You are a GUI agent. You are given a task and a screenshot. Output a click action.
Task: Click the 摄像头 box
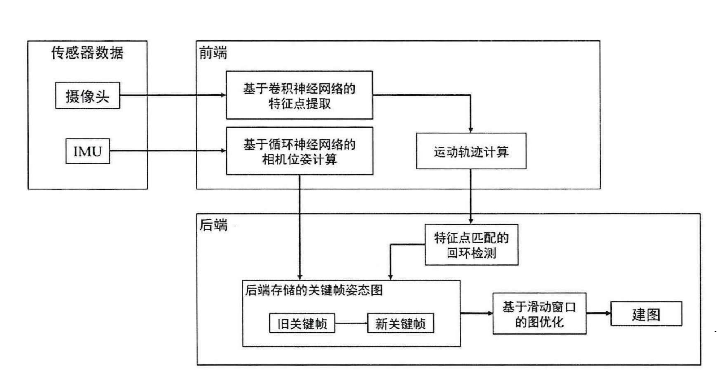tap(87, 96)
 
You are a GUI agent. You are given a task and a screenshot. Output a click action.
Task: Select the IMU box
tap(88, 151)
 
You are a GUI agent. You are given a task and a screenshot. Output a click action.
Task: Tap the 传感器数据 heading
tap(87, 53)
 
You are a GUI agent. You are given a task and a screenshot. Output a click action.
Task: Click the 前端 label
tap(213, 53)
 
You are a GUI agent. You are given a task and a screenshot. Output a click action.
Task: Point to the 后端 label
tap(213, 225)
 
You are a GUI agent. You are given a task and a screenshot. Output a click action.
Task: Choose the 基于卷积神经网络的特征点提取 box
tap(299, 95)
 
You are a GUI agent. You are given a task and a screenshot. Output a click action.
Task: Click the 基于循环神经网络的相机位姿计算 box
tap(299, 151)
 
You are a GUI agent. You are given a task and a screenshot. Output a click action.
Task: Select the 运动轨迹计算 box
tap(471, 151)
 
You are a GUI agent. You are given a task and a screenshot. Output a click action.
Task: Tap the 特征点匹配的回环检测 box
tap(471, 245)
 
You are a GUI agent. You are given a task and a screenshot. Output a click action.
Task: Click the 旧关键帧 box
tap(302, 323)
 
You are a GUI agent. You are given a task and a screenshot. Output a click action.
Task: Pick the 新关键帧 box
tap(400, 323)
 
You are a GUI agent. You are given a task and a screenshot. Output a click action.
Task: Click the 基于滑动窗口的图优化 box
tap(539, 314)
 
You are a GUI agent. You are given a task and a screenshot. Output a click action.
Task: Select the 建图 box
tap(646, 314)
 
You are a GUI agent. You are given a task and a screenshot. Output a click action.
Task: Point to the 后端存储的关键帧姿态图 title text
tap(314, 290)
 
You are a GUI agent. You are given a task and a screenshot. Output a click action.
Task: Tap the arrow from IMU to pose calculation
tap(168, 151)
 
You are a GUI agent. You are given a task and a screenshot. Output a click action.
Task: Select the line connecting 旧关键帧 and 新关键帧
tap(351, 323)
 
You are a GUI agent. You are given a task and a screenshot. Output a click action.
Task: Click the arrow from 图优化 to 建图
tap(598, 313)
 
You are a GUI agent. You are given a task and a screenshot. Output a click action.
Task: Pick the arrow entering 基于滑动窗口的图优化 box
tap(477, 313)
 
